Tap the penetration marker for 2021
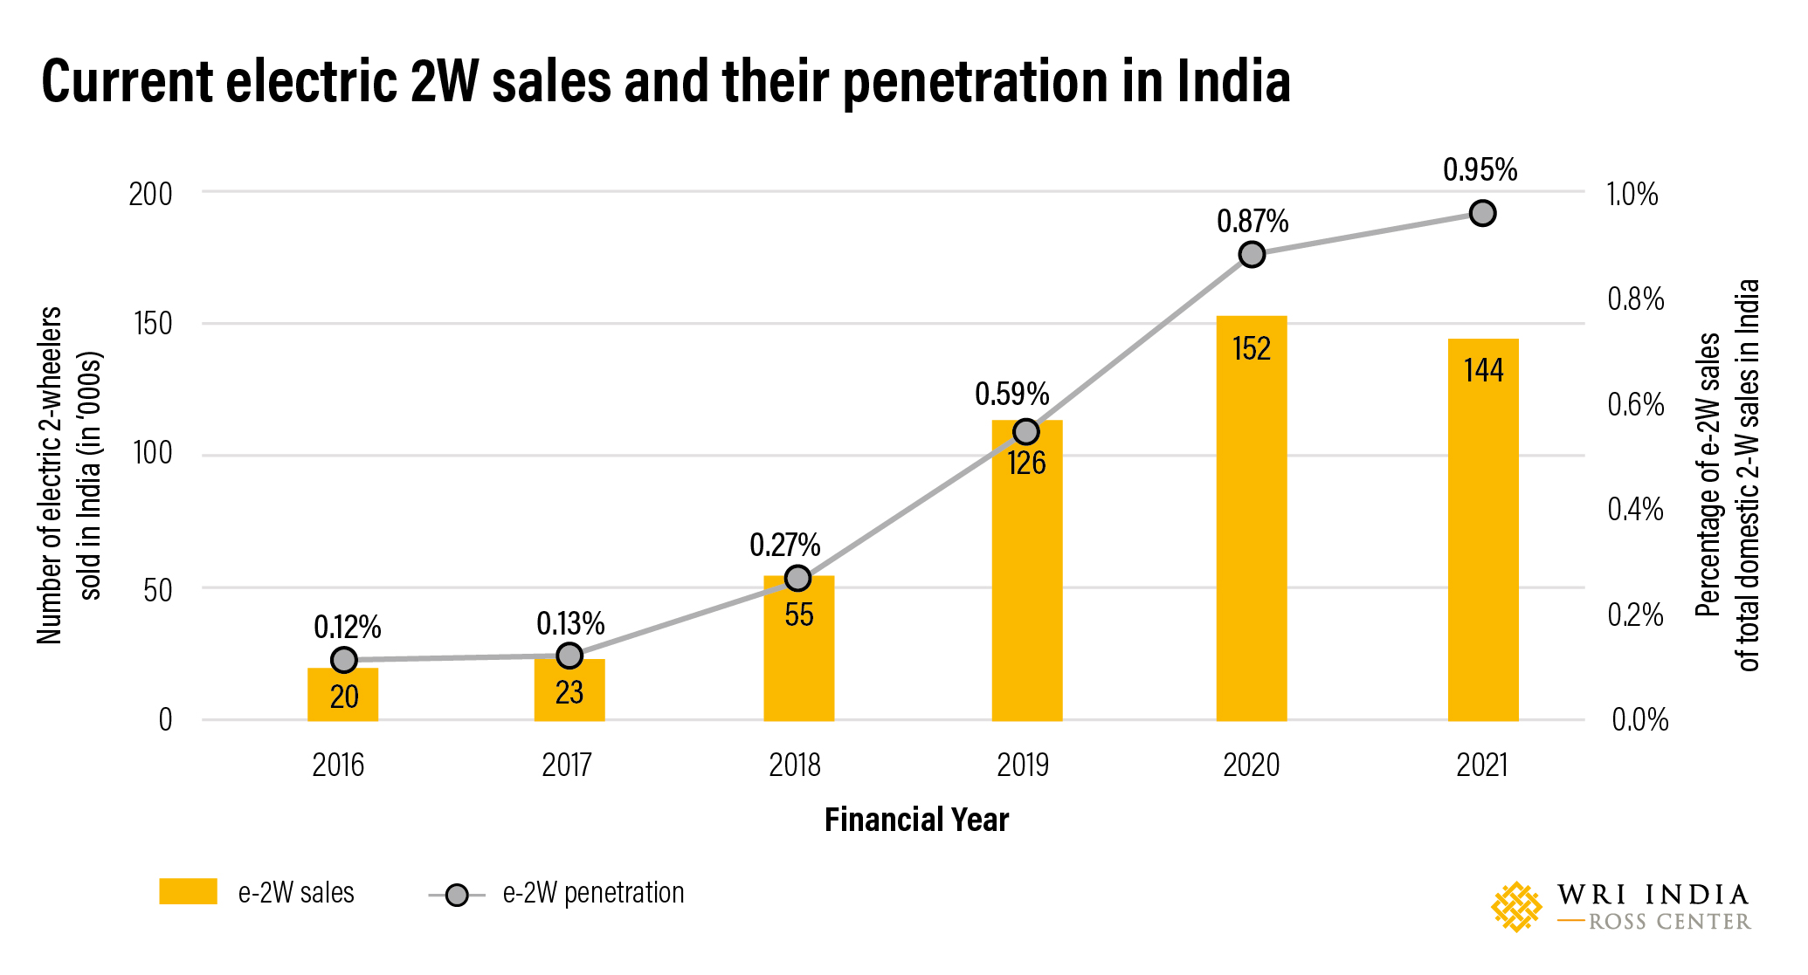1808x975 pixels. [1482, 213]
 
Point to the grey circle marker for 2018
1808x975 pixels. [797, 578]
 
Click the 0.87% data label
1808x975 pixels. [1252, 222]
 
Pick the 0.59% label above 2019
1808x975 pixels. [1011, 394]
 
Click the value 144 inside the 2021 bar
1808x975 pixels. [1483, 370]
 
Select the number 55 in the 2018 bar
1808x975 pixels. [798, 615]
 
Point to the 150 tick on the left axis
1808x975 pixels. [153, 324]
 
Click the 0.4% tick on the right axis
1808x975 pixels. [1635, 509]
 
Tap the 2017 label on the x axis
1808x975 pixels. [567, 766]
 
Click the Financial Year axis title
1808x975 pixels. [916, 820]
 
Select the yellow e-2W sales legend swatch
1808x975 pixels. [188, 891]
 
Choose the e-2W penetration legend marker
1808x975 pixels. [456, 895]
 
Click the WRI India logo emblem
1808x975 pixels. [1516, 907]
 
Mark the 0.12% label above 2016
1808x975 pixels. [347, 627]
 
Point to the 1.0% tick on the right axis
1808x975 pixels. [1632, 194]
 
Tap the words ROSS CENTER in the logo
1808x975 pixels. [1668, 922]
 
